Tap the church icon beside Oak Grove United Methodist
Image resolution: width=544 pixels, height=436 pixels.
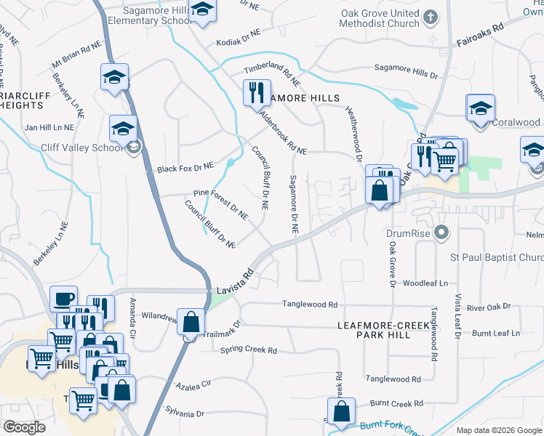(431, 16)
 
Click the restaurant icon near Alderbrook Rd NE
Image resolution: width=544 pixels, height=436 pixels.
(256, 92)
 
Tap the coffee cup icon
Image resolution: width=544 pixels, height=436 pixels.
(63, 298)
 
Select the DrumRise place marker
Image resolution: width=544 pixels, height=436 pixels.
(440, 233)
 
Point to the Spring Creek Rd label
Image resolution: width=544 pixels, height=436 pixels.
(249, 351)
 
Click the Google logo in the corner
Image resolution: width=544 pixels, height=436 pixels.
(24, 427)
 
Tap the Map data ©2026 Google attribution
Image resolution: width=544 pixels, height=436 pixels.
(498, 430)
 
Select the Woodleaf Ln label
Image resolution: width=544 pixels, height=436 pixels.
(426, 283)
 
